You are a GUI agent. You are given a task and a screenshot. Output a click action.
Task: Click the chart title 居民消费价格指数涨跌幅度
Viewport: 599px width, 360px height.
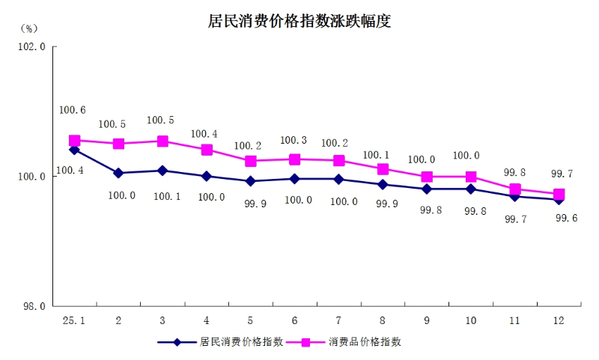[299, 21]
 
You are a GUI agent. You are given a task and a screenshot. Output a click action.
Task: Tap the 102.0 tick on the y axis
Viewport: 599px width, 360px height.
[32, 46]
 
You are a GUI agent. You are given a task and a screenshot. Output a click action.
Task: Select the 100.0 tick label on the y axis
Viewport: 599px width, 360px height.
[32, 177]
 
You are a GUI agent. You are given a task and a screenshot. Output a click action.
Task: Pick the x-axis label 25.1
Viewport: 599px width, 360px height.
[73, 320]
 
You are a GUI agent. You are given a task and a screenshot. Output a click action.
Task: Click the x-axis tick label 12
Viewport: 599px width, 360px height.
[559, 320]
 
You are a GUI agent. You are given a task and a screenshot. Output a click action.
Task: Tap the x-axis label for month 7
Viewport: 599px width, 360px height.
[338, 320]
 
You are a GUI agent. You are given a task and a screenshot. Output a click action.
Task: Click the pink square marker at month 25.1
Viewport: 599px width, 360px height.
[74, 141]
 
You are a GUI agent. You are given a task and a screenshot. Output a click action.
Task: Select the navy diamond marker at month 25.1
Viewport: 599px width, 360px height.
[74, 150]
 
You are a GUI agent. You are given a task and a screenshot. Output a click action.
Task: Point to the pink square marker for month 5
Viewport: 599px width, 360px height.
[251, 161]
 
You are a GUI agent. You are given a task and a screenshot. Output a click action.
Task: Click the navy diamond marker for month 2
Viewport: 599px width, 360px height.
[118, 173]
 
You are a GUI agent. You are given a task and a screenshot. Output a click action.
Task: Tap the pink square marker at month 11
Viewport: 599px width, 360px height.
[515, 189]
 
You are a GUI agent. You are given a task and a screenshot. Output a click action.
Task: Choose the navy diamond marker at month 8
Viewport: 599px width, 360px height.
[383, 184]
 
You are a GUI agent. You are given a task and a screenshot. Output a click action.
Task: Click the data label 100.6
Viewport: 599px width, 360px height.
[72, 111]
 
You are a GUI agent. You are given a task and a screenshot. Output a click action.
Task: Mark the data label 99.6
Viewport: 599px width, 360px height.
[566, 219]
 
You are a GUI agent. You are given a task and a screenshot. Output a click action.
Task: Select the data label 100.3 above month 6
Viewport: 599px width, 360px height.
[293, 140]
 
